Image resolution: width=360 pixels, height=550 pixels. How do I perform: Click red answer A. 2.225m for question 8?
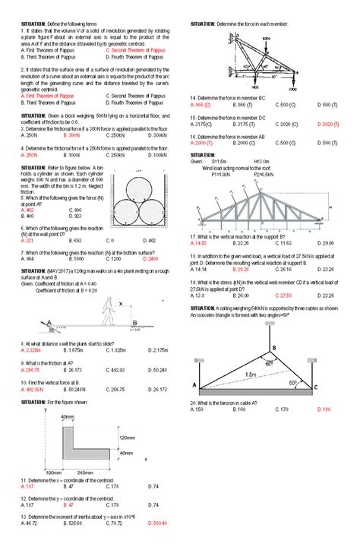click(x=31, y=349)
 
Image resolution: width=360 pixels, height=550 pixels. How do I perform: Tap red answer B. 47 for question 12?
click(x=68, y=504)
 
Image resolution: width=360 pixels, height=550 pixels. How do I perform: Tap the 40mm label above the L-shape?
click(x=68, y=417)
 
